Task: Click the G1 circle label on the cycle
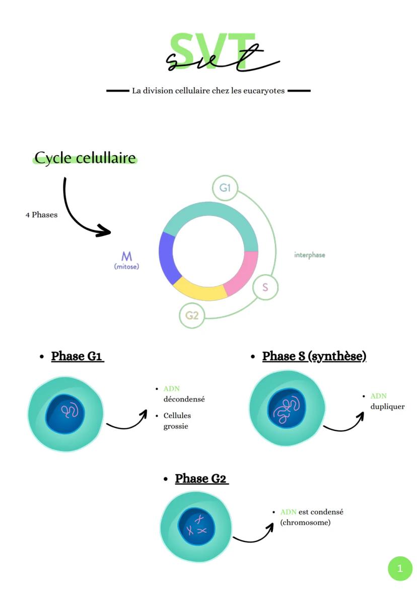pos(225,187)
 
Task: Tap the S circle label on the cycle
pos(265,288)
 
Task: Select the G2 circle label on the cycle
pos(192,315)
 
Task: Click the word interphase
pos(309,255)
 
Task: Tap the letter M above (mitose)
pos(127,256)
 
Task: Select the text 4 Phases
pos(41,215)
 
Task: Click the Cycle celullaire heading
pos(85,158)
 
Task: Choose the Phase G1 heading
pos(77,356)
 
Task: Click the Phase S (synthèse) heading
pos(314,356)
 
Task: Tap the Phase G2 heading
pos(201,479)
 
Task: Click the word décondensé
pos(184,399)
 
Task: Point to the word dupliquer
pos(388,407)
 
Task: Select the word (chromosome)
pos(305,522)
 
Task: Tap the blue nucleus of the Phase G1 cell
pos(65,414)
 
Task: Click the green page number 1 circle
pos(400,568)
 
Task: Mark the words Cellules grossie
pos(177,421)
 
